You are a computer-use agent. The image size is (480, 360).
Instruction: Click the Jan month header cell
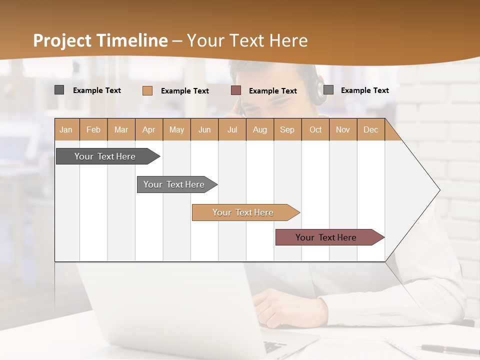(x=66, y=129)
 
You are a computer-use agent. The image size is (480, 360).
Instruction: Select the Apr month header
(x=148, y=129)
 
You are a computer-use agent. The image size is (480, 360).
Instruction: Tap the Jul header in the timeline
(x=232, y=129)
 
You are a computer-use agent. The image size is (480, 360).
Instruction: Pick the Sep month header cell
(x=287, y=129)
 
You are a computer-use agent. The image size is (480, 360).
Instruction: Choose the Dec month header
(x=370, y=129)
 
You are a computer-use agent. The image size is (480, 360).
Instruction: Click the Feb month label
(x=93, y=129)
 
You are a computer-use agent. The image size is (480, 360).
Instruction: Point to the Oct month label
(x=315, y=129)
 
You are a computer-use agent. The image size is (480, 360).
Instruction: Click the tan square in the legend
(x=147, y=90)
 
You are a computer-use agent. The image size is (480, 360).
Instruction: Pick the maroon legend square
(x=236, y=90)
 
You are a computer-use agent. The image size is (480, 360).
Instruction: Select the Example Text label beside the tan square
(x=184, y=91)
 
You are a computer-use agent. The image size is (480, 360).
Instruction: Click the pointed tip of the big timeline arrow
(x=438, y=190)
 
